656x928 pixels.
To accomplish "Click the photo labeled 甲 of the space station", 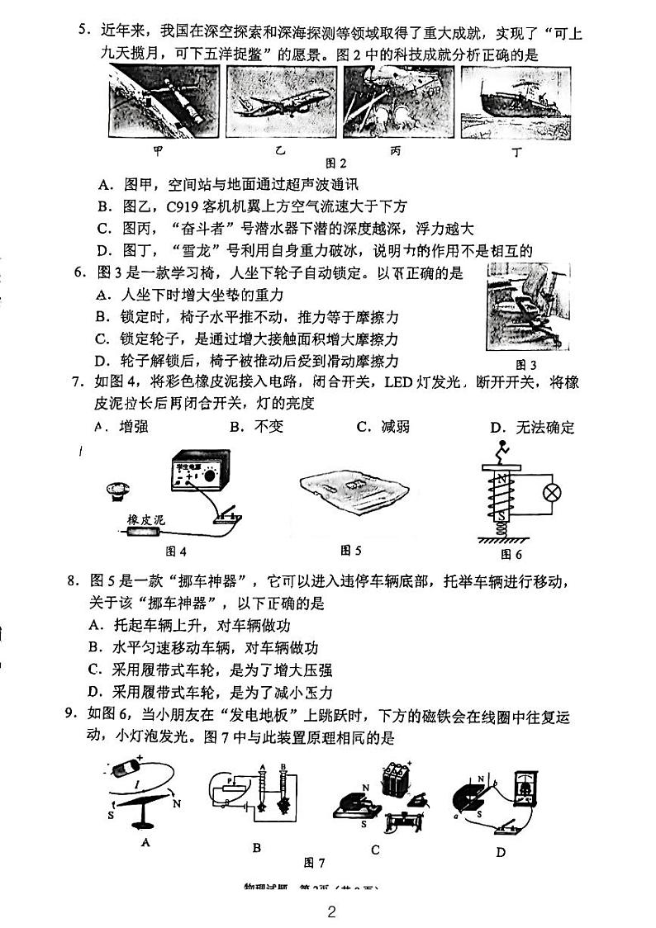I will click(164, 102).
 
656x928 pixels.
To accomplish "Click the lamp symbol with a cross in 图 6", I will click(551, 493).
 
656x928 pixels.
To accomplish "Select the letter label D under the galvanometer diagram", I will click(500, 852).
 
